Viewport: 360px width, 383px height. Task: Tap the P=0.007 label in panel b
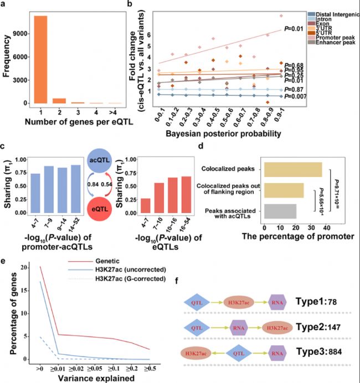pos(295,97)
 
